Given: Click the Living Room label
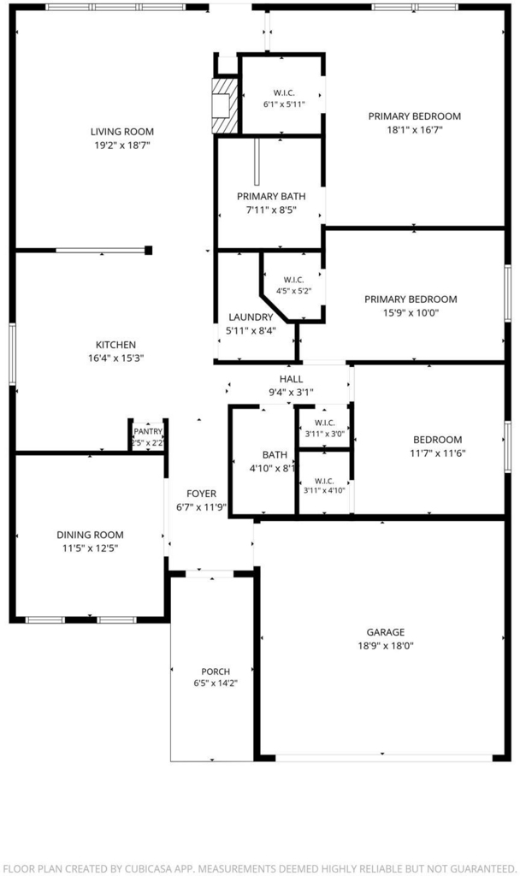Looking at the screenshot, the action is [x=121, y=132].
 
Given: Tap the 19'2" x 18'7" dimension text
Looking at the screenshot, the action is [x=121, y=145].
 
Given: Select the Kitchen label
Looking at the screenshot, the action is [x=115, y=345].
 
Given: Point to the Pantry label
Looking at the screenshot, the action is [x=148, y=431].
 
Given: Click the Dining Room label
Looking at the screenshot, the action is [x=90, y=535].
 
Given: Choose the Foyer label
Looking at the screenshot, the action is [x=201, y=494].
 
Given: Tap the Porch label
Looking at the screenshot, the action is [x=216, y=672].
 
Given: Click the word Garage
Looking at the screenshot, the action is [x=386, y=632].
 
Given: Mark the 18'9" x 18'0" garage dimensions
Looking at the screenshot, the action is [x=386, y=646].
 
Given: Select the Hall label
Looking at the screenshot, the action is [x=291, y=379].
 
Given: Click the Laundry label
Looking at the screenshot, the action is [x=251, y=317].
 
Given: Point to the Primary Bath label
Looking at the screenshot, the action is [x=271, y=197].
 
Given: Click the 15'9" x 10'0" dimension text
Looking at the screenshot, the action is [x=411, y=313].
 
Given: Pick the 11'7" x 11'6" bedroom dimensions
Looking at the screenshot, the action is [x=437, y=453].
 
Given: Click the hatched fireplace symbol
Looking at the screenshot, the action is [x=226, y=105].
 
